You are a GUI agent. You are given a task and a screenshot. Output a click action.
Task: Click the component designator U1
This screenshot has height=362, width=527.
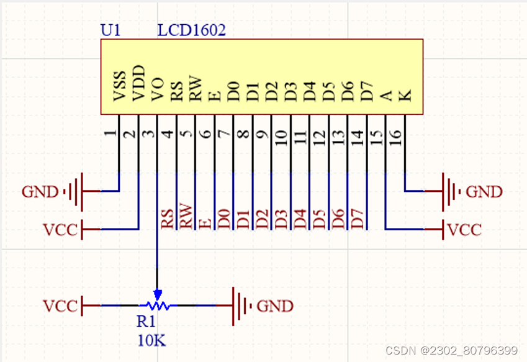pos(110,30)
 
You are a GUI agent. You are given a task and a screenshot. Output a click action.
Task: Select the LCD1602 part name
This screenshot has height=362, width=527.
pos(191,30)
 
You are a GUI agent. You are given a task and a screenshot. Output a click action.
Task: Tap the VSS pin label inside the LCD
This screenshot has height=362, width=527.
pos(119,87)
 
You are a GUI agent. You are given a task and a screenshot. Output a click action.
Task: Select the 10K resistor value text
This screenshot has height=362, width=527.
pos(152,340)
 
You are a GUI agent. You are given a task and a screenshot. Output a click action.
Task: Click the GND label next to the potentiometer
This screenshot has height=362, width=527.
pos(275,306)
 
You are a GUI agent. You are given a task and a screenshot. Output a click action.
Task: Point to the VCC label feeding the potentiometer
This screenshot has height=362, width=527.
pos(60,306)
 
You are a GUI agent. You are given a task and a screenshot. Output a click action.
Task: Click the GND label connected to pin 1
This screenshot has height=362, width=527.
pos(40,191)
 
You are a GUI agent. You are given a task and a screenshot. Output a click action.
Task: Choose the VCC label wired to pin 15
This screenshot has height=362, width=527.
pos(464,230)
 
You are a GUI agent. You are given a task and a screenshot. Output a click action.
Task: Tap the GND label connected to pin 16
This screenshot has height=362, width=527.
pos(484,191)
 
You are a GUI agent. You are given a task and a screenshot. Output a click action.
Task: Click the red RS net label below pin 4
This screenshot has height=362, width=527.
pos(168,219)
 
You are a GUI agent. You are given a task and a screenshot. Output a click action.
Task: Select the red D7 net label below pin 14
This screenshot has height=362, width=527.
pos(357,219)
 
